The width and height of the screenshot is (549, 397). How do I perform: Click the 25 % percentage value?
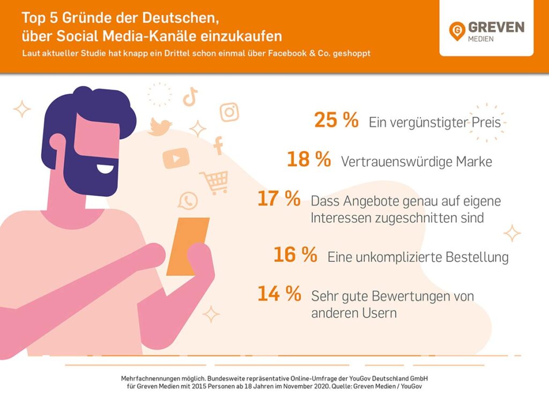point(336,121)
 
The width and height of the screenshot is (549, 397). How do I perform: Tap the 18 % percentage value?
point(308,160)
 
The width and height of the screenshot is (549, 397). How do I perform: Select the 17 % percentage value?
point(278,199)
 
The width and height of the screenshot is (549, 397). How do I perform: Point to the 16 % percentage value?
point(295,255)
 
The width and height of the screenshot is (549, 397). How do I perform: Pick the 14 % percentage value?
point(278,294)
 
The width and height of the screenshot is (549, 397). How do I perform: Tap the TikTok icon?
point(190,97)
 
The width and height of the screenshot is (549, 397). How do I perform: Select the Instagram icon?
point(229,112)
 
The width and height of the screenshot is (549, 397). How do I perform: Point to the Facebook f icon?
point(218,145)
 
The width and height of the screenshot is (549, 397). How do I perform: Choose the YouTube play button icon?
point(176,158)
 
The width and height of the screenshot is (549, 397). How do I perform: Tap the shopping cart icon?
point(214,182)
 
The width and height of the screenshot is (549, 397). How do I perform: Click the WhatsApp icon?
point(188,201)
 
